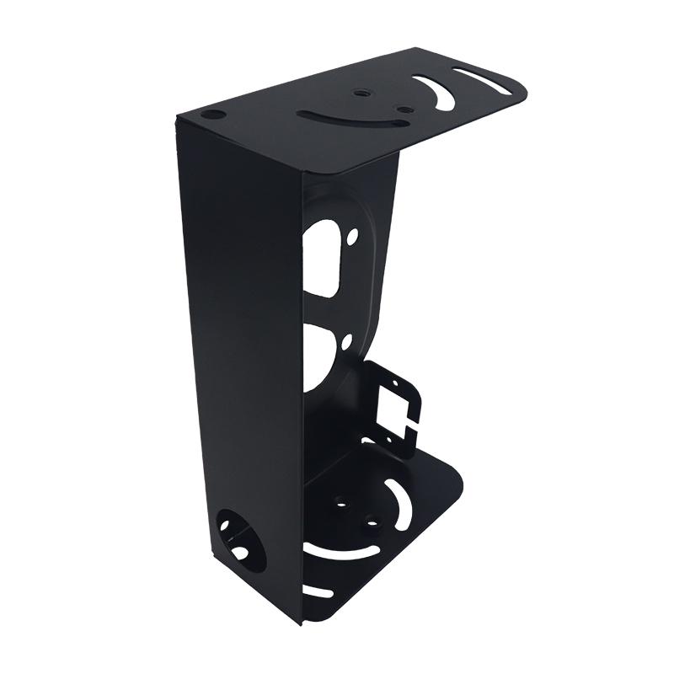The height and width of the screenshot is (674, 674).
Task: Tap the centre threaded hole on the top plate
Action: (x=361, y=94)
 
